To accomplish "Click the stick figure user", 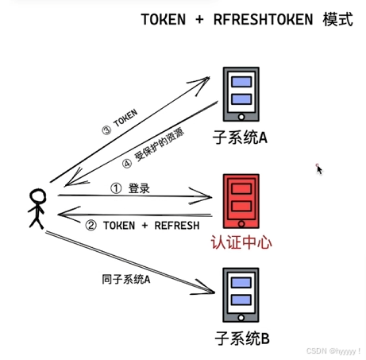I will tap(37, 208).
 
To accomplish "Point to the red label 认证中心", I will tap(241, 241).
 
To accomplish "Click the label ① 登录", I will tap(129, 189).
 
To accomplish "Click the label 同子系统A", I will tap(126, 278).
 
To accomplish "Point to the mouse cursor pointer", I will tap(319, 168).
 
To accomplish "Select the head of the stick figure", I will tap(37, 195).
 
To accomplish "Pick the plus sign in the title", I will tap(197, 21).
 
